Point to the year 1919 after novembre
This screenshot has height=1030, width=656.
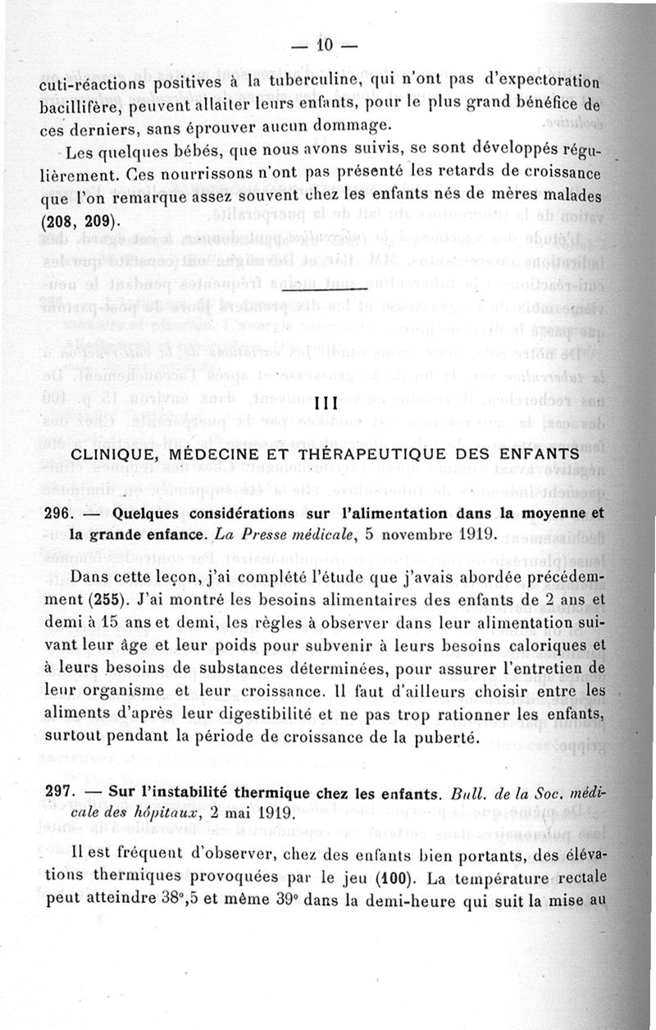coord(467,536)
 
